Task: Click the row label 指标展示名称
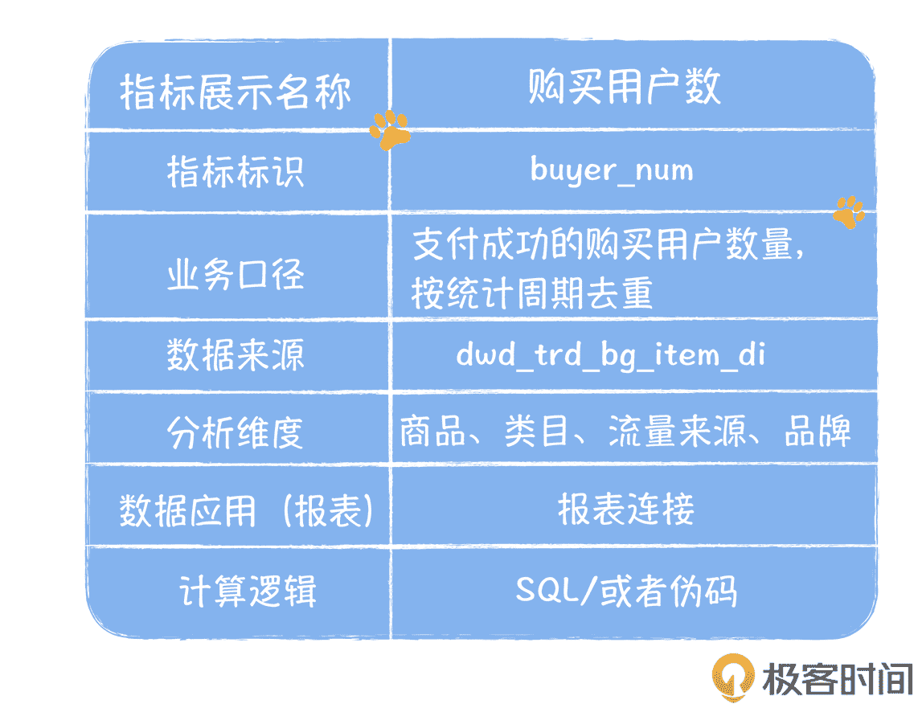coord(236,92)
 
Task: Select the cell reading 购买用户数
coord(624,87)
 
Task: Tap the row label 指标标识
coord(236,171)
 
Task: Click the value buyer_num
coord(611,170)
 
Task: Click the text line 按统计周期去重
coord(531,293)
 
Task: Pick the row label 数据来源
coord(236,354)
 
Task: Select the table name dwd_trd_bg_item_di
coord(610,354)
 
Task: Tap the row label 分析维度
coord(236,432)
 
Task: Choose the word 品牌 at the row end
coord(818,432)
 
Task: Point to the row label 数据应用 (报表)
coord(247,510)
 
